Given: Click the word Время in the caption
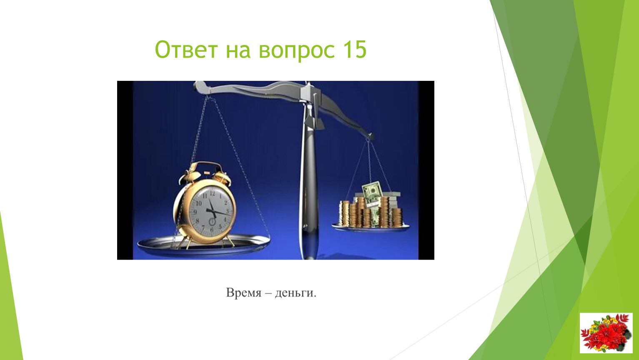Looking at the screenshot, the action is (243, 292).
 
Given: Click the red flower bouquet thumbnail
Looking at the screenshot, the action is (606, 333).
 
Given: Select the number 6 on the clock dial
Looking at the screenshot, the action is (212, 230).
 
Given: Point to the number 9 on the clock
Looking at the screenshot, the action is (195, 212).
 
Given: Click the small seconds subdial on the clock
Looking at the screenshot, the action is (212, 221).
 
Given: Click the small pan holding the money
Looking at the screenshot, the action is (370, 227).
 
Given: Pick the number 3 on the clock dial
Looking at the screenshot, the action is (228, 211).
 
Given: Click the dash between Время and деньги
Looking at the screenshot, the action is (268, 293).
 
